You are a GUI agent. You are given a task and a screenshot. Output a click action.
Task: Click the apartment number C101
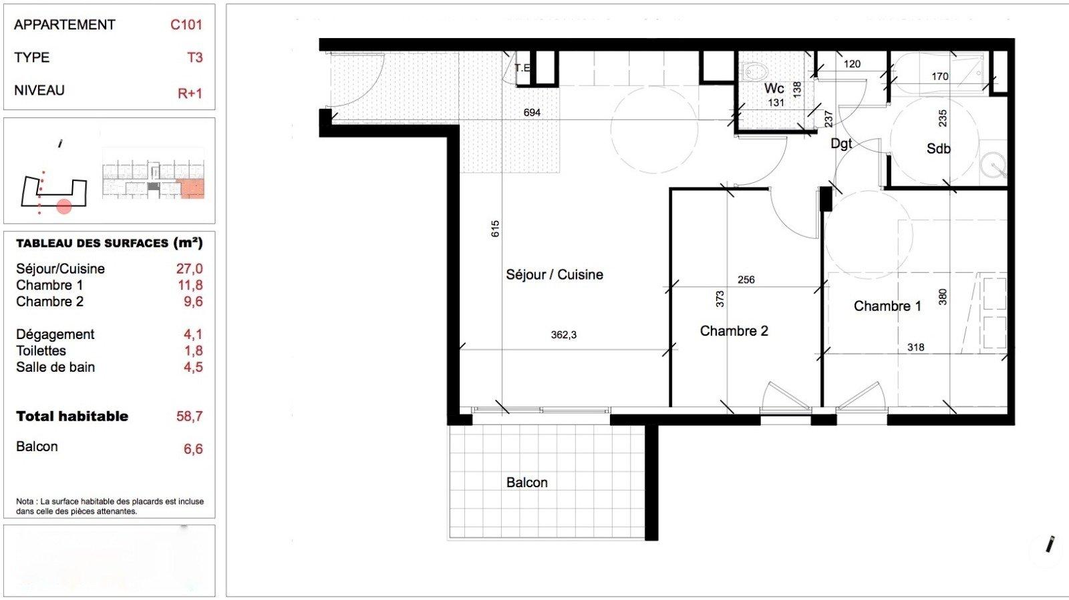[186, 25]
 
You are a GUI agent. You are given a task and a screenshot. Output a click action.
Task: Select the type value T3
[194, 57]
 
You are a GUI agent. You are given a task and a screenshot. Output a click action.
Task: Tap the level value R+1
[190, 93]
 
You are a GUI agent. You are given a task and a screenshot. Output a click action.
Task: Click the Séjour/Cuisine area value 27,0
[190, 269]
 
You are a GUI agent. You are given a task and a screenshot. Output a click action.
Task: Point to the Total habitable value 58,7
[190, 416]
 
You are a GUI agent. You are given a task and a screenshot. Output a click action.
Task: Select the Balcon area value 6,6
[193, 449]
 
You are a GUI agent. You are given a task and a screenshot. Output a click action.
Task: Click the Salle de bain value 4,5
[193, 367]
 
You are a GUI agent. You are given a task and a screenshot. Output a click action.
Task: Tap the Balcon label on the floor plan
[527, 483]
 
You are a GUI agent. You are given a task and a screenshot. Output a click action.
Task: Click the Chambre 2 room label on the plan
[734, 331]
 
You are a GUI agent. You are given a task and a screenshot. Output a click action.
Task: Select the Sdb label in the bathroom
[938, 149]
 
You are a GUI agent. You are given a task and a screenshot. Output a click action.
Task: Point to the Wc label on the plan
[774, 88]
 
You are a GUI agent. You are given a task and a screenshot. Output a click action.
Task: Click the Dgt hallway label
[841, 143]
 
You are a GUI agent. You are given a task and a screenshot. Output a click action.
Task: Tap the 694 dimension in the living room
[532, 113]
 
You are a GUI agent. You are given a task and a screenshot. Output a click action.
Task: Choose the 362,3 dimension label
[564, 335]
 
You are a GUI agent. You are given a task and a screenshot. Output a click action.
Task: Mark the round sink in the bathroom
[994, 165]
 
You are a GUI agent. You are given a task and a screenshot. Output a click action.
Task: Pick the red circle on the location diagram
[64, 207]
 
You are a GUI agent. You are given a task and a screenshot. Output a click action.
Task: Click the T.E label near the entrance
[522, 67]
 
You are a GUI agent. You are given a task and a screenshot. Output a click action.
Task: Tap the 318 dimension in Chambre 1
[916, 348]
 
